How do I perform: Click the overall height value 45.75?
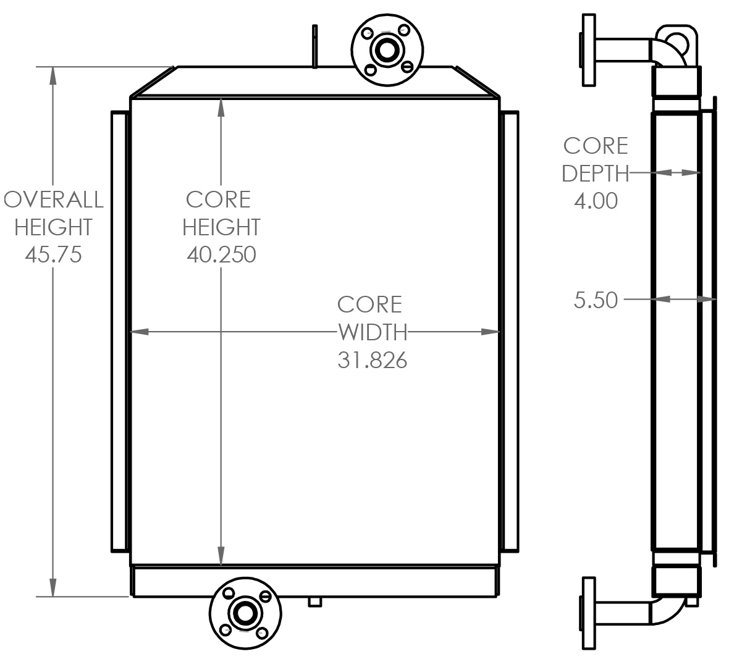pos(53,254)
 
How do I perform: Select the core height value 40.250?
pos(221,254)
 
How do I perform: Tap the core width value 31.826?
pos(372,360)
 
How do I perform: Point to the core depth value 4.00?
pos(596,201)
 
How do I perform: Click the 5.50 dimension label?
pos(596,300)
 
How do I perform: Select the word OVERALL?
pos(54,199)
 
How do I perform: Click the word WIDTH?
pos(373,332)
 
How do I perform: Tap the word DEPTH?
pos(594,174)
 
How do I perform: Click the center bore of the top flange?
pos(387,49)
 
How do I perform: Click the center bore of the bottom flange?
pos(245,613)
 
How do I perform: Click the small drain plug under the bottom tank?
pos(315,602)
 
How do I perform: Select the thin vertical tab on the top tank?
pos(315,46)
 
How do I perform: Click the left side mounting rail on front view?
pos(119,331)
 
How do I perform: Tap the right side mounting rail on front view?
pos(511,331)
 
